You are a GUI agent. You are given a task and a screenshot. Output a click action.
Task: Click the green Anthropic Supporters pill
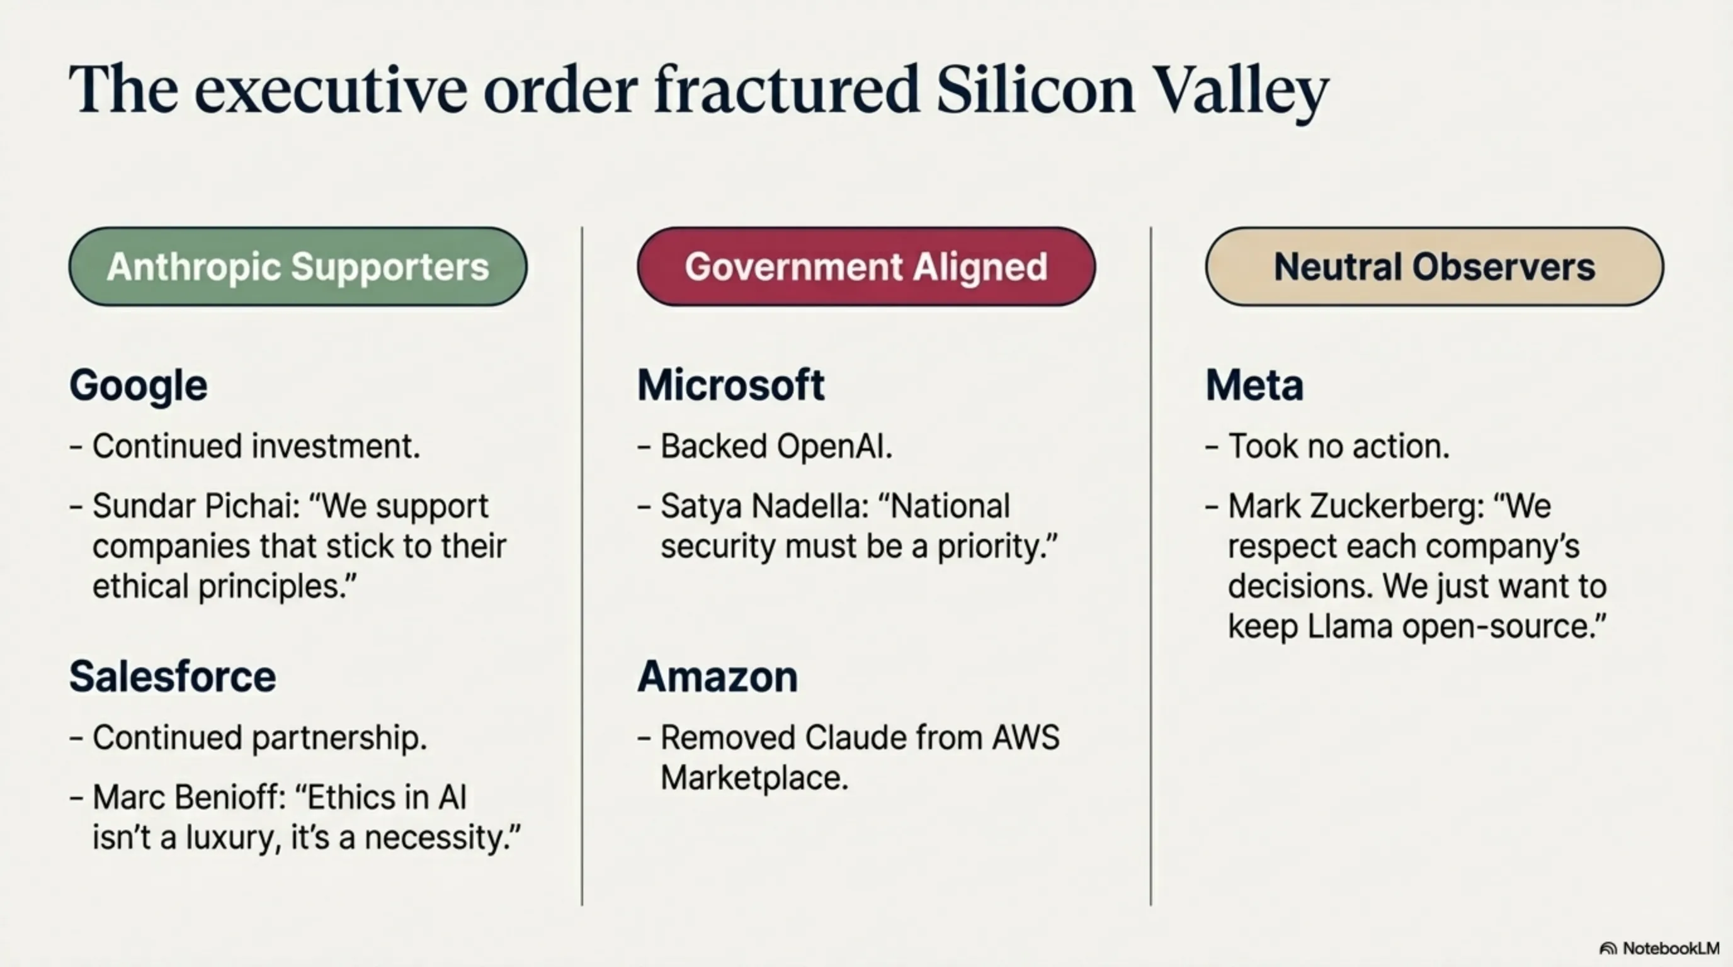tap(298, 266)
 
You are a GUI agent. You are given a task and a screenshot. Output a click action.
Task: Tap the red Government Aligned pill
tap(866, 266)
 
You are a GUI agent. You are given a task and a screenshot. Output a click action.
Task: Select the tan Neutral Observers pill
tap(1435, 266)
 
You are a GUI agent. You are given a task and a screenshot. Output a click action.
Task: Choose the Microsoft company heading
tap(730, 385)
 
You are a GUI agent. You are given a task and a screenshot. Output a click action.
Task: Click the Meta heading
tap(1254, 385)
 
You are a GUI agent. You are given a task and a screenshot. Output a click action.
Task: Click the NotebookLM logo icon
tap(1608, 949)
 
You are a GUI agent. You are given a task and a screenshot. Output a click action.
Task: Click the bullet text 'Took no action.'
tap(1339, 446)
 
